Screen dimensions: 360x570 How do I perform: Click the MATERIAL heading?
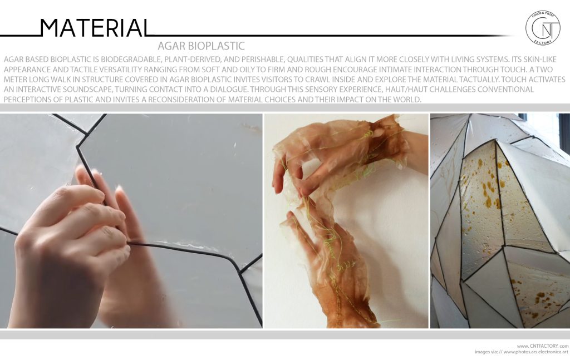[x=95, y=27]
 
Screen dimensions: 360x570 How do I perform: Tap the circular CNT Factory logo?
[x=542, y=28]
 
